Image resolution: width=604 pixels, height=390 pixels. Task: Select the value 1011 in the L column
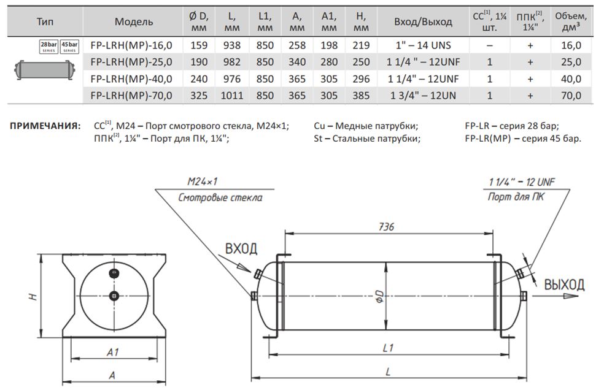coord(233,95)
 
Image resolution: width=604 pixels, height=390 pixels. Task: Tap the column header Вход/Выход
coord(423,21)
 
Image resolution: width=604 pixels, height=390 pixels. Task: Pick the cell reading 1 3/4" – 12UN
coord(423,95)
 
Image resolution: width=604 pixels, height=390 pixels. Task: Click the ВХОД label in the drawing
coord(241,248)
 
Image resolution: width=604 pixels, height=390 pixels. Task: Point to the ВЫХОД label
coord(563,284)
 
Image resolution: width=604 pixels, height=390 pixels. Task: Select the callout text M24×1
coord(204,182)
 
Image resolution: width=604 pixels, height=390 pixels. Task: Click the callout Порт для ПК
coord(516,197)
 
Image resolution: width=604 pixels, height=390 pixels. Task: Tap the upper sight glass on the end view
coord(113,272)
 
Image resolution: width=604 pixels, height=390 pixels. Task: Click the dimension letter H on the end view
coord(33,297)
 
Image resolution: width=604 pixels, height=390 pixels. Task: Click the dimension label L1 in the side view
coord(387,348)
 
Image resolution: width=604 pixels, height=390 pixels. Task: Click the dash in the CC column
coord(489,45)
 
